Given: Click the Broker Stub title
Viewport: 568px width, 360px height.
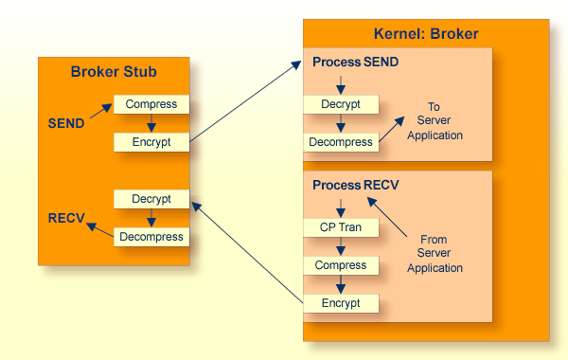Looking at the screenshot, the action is tap(114, 72).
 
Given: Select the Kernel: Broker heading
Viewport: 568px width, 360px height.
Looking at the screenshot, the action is tap(426, 34).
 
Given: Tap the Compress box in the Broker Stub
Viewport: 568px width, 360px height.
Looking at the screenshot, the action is tap(151, 104).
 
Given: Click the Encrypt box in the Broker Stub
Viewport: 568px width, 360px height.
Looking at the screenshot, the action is tap(151, 142).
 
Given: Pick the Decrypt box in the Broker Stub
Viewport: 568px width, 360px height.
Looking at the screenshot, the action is tap(151, 199).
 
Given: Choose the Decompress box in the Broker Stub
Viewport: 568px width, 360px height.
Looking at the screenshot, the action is tap(151, 237).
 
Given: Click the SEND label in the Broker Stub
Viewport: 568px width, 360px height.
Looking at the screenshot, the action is tap(66, 123).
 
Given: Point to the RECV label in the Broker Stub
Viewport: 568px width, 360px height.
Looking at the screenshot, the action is tap(66, 218).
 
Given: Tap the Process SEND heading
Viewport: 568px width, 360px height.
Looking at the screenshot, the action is tap(355, 62).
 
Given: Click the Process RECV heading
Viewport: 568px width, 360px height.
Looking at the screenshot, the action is tap(355, 186).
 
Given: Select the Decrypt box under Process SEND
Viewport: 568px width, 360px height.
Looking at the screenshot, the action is tap(341, 104).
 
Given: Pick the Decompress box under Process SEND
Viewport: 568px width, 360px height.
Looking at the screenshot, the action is tap(341, 142).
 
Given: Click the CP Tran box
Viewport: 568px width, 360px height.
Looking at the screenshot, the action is tap(341, 227).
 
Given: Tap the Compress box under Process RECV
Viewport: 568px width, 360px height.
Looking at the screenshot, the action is tap(341, 265).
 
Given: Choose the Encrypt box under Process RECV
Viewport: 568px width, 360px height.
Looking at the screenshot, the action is tap(341, 303).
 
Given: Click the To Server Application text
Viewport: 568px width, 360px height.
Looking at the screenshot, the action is tap(435, 120).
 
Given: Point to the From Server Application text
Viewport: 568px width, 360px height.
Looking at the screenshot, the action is tap(435, 253).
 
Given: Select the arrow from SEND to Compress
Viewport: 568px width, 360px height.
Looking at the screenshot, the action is tap(101, 111).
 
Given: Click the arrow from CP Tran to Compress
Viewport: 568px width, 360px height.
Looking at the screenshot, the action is tap(341, 246).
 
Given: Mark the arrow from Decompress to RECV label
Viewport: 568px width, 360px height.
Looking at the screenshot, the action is tap(100, 230).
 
